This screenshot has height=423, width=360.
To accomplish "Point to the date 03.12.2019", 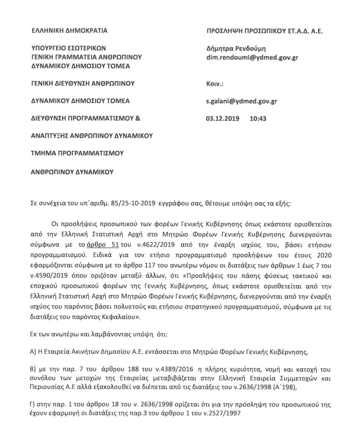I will [x=222, y=118].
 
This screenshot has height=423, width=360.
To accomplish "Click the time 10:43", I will [x=258, y=118].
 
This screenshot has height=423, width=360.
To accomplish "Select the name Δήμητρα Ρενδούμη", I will [x=236, y=49].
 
